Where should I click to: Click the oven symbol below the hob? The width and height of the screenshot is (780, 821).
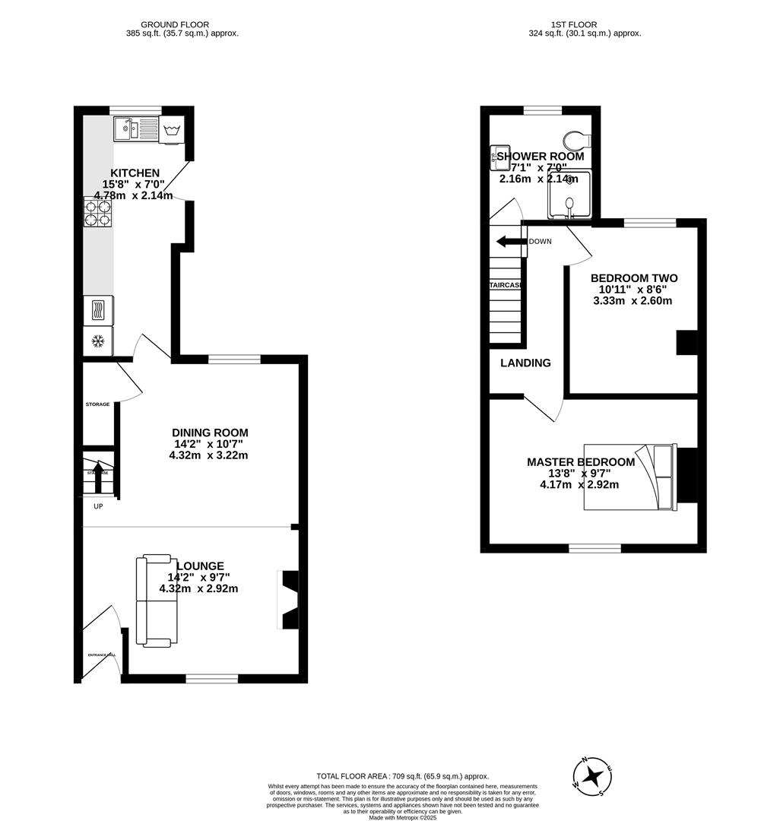click(x=98, y=309)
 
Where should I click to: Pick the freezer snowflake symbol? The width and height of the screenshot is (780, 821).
click(x=98, y=341)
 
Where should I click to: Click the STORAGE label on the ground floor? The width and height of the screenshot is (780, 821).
click(x=97, y=404)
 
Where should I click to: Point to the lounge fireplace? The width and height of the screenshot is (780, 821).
click(x=288, y=600)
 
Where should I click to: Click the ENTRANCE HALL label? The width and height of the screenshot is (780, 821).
click(x=101, y=655)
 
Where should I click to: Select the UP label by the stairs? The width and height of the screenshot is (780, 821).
click(x=98, y=506)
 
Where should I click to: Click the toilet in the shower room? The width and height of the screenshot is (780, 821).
click(x=577, y=140)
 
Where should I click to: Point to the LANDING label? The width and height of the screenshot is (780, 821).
click(x=525, y=363)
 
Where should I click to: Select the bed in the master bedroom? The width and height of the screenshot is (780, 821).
click(x=629, y=477)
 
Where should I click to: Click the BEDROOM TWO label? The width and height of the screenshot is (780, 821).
click(x=634, y=278)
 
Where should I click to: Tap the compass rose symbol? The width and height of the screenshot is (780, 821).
click(x=593, y=776)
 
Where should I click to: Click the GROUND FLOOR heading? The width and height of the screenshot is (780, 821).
click(x=175, y=24)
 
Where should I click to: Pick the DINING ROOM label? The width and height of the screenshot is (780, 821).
click(x=210, y=433)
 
